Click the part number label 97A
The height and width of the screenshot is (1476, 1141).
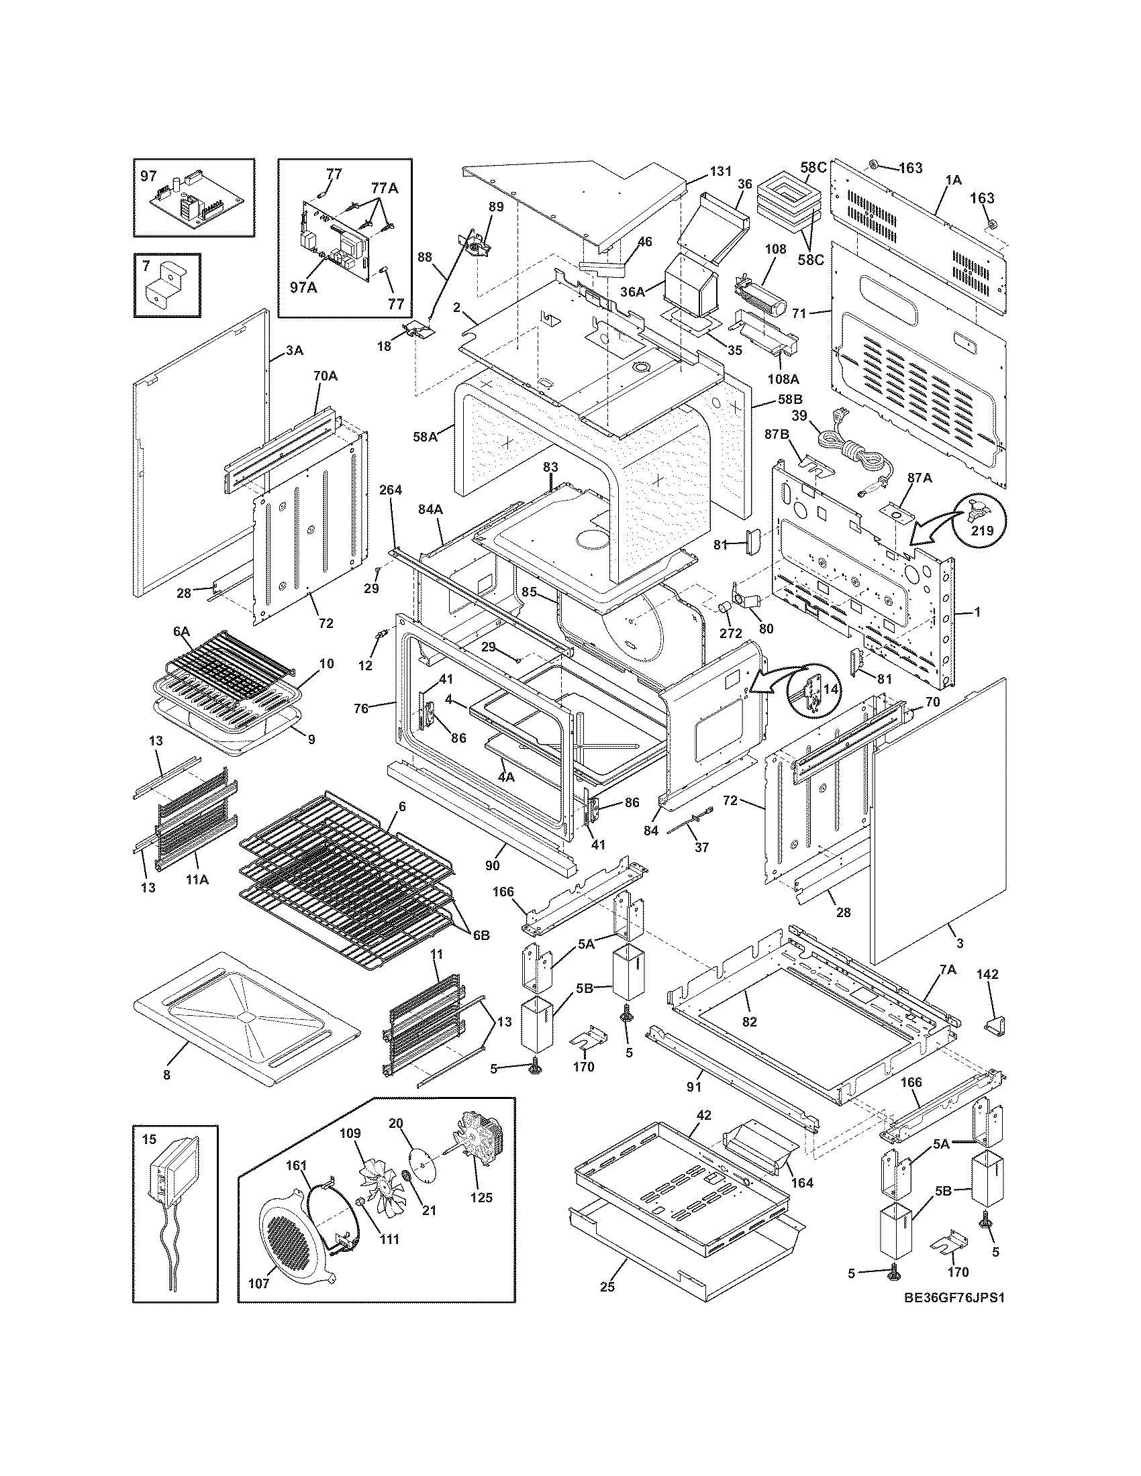coord(303,287)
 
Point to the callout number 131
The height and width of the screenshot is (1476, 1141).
coord(720,172)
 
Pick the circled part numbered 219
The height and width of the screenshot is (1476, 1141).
coord(980,521)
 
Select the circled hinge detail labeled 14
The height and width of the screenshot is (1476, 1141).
coord(814,691)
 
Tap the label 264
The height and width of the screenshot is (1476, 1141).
coord(391,489)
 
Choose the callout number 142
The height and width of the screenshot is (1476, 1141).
coord(987,974)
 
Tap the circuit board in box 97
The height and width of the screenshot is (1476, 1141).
coord(194,201)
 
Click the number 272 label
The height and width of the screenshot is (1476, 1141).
coord(731,633)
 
